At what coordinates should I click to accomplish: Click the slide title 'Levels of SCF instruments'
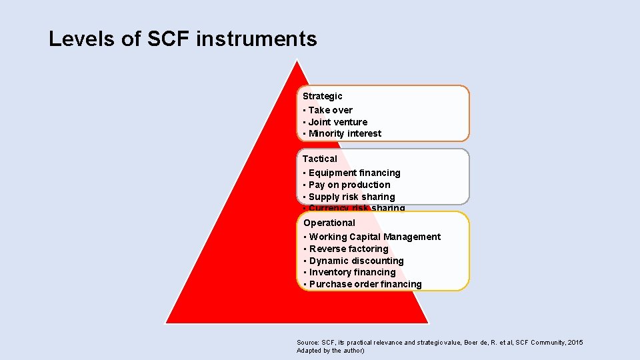pos(183,39)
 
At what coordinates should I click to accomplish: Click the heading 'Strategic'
pos(323,96)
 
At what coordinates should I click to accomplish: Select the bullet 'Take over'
pos(331,110)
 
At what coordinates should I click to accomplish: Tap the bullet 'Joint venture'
pos(338,122)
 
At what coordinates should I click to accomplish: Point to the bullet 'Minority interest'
pos(345,133)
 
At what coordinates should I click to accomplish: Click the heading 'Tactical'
pos(320,159)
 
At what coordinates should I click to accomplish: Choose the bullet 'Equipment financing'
pos(354,173)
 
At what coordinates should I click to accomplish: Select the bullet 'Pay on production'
pos(349,185)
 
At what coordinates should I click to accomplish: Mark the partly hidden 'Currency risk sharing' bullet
pos(357,208)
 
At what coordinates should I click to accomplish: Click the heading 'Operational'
pos(329,223)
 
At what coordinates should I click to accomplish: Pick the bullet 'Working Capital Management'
pos(375,237)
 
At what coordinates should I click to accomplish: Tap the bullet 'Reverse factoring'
pos(349,249)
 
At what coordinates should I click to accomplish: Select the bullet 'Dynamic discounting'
pos(356,261)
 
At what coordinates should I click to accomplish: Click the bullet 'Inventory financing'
pos(352,272)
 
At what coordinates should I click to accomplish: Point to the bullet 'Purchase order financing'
pos(365,284)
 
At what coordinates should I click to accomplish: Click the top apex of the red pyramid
pos(297,62)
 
